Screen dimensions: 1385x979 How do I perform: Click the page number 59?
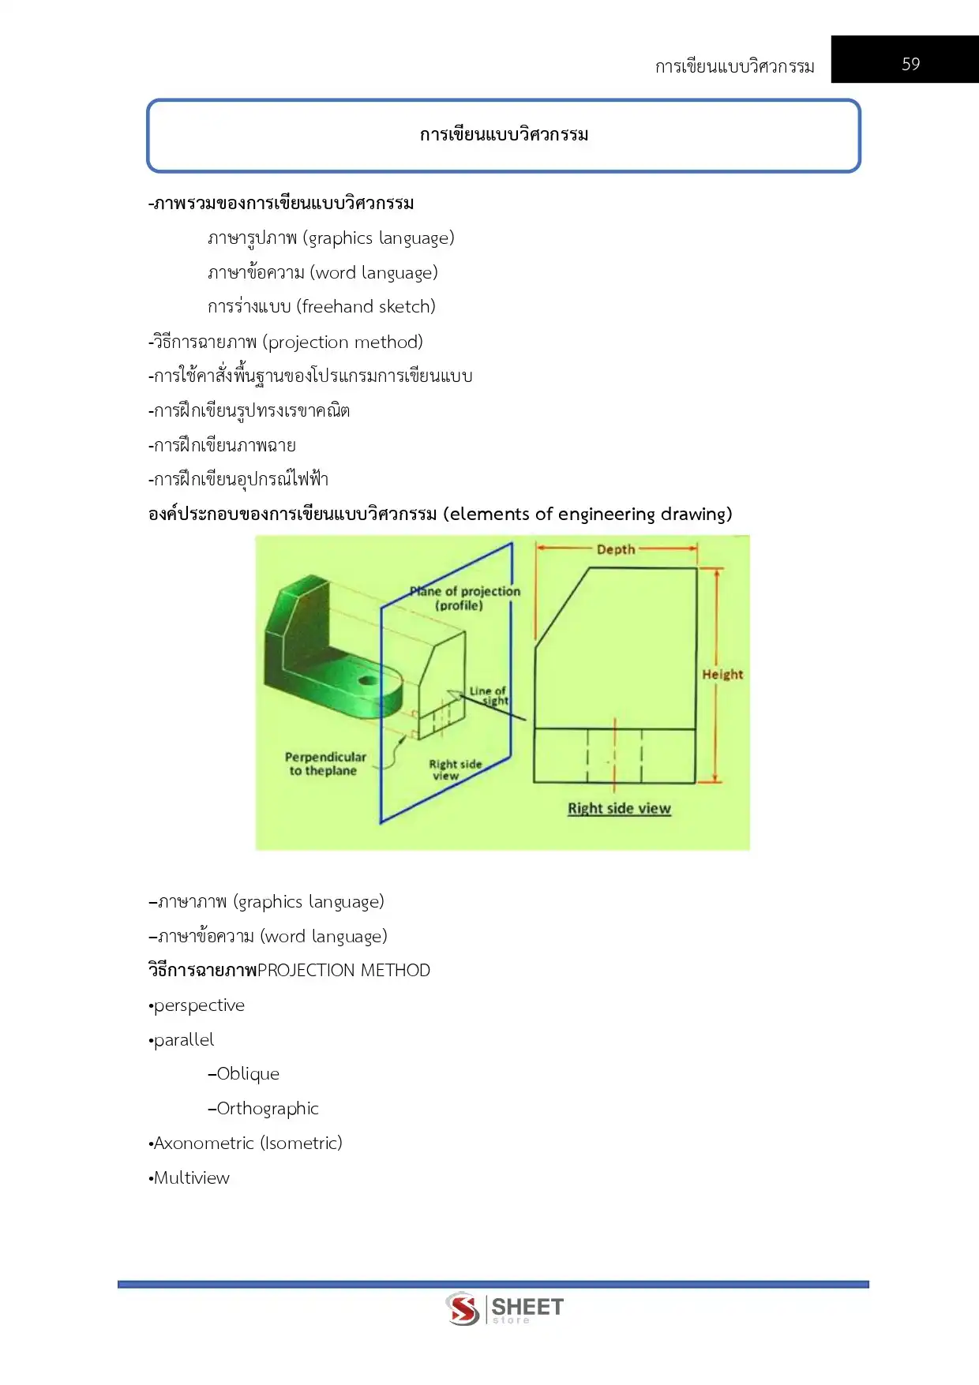pyautogui.click(x=910, y=64)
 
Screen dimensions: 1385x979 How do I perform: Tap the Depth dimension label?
pyautogui.click(x=616, y=549)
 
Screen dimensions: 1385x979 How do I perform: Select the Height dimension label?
pyautogui.click(x=722, y=674)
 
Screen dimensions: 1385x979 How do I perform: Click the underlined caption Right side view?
pyautogui.click(x=619, y=808)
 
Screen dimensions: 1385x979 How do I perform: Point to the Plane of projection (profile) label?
pyautogui.click(x=464, y=598)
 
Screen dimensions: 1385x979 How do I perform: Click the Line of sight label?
pyautogui.click(x=489, y=695)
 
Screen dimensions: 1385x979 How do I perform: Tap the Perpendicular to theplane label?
pyautogui.click(x=324, y=764)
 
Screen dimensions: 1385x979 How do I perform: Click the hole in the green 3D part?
pyautogui.click(x=368, y=680)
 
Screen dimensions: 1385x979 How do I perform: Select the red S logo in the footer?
pyautogui.click(x=463, y=1309)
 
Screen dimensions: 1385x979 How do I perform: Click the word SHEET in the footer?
pyautogui.click(x=527, y=1306)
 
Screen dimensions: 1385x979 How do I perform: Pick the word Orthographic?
pyautogui.click(x=268, y=1109)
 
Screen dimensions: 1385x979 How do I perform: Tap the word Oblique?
pyautogui.click(x=248, y=1074)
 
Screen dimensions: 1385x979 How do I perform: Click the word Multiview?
pyautogui.click(x=192, y=1178)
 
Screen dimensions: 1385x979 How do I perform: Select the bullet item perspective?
pyautogui.click(x=199, y=1005)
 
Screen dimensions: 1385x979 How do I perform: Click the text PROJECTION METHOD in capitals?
pyautogui.click(x=344, y=971)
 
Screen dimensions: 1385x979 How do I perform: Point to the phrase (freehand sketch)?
pyautogui.click(x=366, y=307)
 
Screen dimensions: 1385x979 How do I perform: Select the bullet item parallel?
pyautogui.click(x=184, y=1040)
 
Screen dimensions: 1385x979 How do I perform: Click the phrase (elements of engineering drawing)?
pyautogui.click(x=587, y=515)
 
